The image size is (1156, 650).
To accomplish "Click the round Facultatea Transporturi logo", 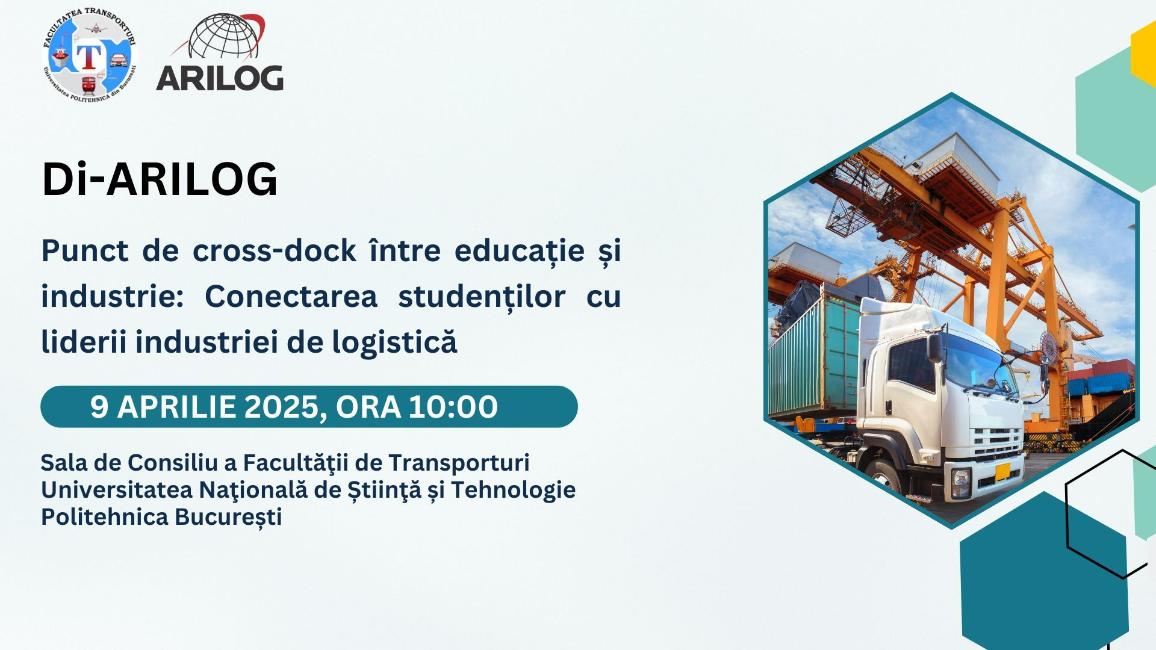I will [x=90, y=55].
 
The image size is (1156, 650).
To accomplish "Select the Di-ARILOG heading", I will [x=160, y=179].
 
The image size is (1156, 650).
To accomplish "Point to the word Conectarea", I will [x=291, y=296].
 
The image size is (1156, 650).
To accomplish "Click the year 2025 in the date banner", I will [x=281, y=407].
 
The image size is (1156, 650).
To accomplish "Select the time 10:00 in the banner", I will [x=453, y=407].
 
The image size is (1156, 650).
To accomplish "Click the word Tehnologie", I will [x=513, y=490].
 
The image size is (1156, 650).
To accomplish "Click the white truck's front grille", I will [x=996, y=442].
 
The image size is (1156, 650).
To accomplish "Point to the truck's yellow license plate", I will [x=1002, y=472].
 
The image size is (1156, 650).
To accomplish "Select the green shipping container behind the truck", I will [x=813, y=361].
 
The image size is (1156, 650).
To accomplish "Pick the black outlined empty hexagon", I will [x=1105, y=515].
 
